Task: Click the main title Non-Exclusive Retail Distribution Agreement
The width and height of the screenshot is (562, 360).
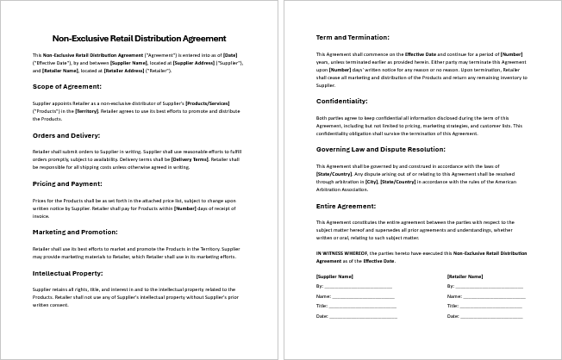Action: pos(139,38)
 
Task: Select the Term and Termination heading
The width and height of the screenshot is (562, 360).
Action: pos(353,37)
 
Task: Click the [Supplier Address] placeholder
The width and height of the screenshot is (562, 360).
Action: pos(195,63)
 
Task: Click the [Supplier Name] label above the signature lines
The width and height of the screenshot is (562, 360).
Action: pos(334,276)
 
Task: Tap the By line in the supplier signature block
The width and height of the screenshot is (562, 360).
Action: pos(356,285)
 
